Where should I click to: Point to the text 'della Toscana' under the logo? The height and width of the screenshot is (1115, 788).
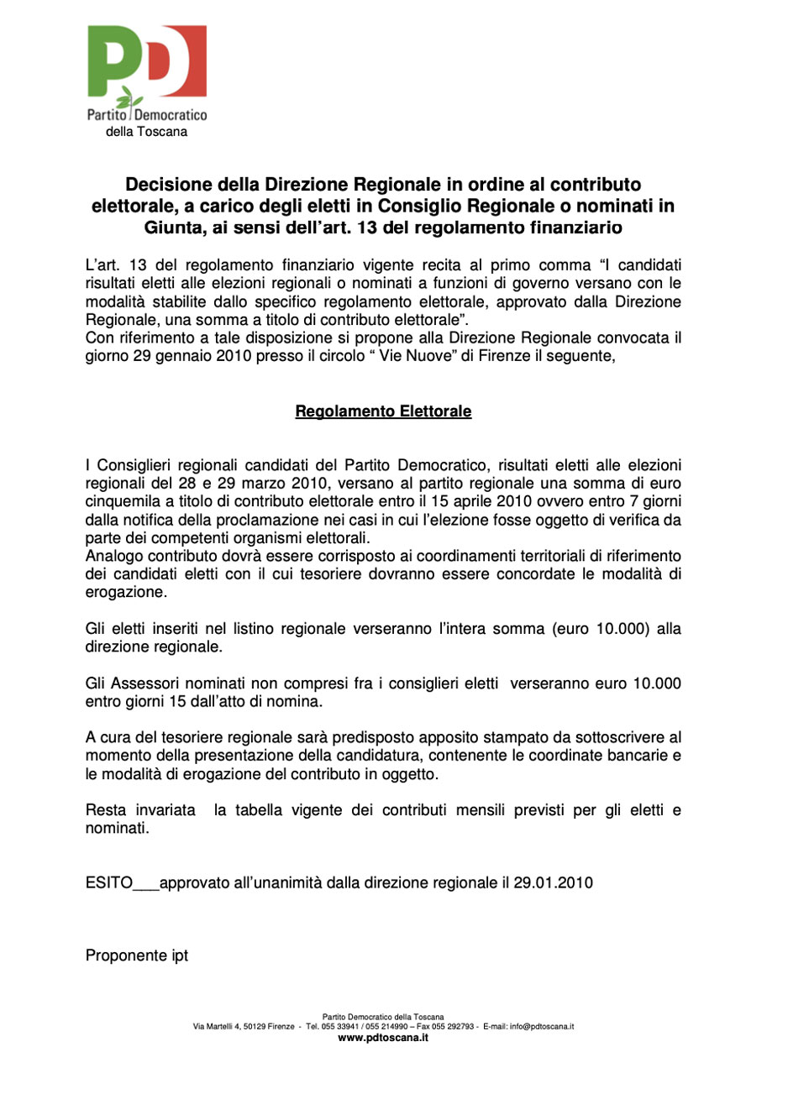(x=146, y=132)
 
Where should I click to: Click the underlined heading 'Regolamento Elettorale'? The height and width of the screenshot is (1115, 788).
(x=383, y=411)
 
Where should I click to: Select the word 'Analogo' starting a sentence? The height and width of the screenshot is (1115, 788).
(x=114, y=556)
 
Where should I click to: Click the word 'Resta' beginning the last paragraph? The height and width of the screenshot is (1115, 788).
(x=106, y=810)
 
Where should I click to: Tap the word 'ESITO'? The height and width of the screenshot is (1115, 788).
(x=109, y=883)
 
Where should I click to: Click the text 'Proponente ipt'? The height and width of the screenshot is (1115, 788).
(x=137, y=955)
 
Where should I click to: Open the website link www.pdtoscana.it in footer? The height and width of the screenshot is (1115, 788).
(x=383, y=1038)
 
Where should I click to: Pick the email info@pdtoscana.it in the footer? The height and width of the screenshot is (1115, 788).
(x=542, y=1027)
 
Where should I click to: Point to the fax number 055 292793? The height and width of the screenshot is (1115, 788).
(x=454, y=1027)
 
